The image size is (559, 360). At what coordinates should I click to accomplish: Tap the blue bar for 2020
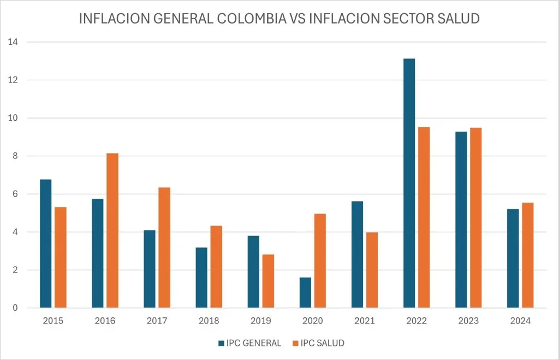305,293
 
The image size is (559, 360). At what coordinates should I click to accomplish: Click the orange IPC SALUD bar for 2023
475,218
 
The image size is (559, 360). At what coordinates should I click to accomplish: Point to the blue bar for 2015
46,244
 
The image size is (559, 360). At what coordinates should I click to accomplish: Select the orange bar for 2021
372,270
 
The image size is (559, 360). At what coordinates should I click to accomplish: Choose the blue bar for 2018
201,278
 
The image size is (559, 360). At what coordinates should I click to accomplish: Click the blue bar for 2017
150,269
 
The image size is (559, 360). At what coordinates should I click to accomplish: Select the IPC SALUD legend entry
320,343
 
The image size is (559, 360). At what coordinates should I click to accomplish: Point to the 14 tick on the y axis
13,42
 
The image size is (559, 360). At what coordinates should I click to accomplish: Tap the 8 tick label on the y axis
14,156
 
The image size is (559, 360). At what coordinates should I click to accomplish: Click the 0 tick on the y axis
14,308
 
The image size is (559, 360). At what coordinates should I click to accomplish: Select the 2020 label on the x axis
312,321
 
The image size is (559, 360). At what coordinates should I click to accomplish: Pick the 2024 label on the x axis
520,321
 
